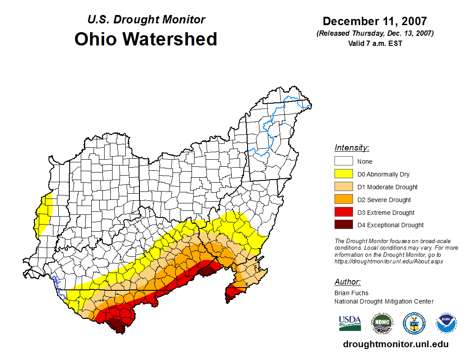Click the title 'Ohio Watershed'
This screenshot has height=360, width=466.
[146, 39]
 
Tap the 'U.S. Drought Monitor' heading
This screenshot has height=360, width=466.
[146, 20]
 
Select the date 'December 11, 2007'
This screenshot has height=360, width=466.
[375, 21]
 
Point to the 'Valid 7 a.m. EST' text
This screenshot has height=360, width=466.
[375, 43]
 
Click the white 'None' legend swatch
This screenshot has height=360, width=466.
[343, 161]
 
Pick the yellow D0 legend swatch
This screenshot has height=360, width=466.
[343, 174]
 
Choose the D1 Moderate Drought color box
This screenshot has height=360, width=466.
[343, 187]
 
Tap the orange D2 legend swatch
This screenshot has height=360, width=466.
[343, 200]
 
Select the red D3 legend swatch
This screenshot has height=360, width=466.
[343, 213]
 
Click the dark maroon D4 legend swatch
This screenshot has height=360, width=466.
[343, 225]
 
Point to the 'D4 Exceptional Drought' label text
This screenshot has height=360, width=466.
[390, 225]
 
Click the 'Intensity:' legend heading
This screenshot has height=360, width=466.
[352, 148]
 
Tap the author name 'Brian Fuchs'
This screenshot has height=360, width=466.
[351, 293]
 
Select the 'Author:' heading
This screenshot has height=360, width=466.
[347, 282]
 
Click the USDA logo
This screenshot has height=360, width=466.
[350, 323]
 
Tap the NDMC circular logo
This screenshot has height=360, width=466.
[382, 323]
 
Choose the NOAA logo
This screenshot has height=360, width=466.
[446, 323]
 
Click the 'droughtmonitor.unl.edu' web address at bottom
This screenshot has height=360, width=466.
[395, 345]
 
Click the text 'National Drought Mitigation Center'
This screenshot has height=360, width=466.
[384, 301]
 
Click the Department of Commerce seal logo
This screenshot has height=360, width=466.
[414, 323]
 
